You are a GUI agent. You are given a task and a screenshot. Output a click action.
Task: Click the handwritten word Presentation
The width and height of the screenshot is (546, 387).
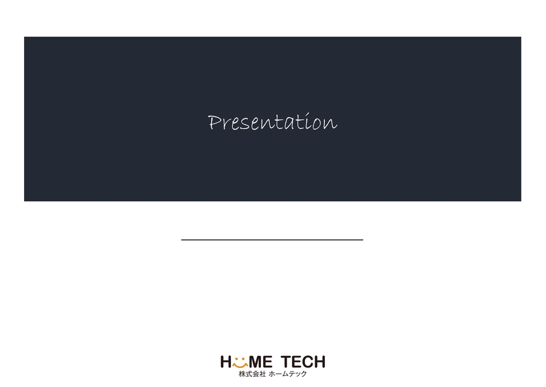click(x=272, y=122)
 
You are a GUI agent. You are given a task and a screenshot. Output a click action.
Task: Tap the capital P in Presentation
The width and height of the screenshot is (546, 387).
click(x=215, y=122)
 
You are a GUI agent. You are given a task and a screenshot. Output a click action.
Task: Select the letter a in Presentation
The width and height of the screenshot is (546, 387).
click(x=289, y=124)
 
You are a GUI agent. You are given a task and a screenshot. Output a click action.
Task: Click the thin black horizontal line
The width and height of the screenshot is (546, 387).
click(x=272, y=240)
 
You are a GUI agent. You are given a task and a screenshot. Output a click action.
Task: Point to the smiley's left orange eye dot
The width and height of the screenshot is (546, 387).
click(x=236, y=358)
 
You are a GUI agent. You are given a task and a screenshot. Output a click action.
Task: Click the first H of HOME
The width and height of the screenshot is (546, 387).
click(x=226, y=362)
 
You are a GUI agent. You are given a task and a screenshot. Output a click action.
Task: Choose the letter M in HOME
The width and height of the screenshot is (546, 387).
click(x=256, y=362)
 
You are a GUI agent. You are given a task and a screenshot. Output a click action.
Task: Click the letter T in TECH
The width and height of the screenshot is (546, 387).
click(x=286, y=362)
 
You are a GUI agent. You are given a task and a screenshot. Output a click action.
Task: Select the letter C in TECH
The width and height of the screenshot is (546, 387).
click(x=308, y=362)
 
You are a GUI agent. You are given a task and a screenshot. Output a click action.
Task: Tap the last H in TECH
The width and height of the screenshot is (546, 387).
click(x=320, y=362)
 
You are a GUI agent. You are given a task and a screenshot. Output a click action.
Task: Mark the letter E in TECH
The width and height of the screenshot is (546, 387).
click(x=296, y=362)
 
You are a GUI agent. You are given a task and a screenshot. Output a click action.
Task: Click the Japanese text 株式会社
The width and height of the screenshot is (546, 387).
click(x=252, y=374)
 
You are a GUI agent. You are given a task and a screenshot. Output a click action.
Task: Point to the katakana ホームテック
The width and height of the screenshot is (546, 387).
click(x=288, y=374)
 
